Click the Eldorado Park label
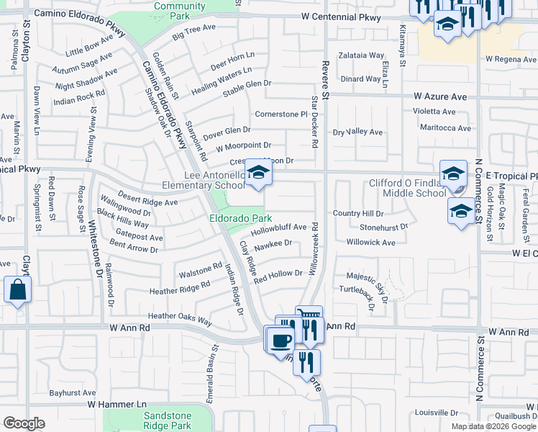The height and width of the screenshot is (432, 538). pos(241,217)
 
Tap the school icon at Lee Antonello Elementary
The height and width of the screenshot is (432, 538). pos(258,174)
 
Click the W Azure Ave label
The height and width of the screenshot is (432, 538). pos(440,96)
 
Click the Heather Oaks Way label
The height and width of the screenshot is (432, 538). pos(180,318)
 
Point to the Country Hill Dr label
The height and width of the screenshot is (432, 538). pos(358,214)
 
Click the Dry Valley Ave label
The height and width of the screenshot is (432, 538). pos(357,132)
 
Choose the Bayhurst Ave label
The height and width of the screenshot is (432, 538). pos(73,393)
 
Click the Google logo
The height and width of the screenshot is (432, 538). pos(24,423)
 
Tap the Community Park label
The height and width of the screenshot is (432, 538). pos(179,10)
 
